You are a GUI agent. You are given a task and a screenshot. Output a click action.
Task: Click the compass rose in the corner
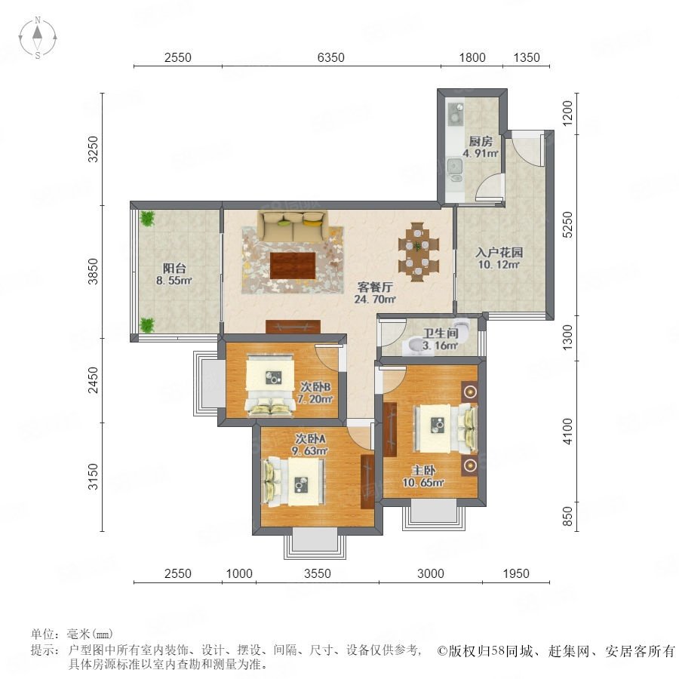click(x=38, y=38)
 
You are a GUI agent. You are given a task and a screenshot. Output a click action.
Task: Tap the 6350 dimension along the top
click(x=331, y=57)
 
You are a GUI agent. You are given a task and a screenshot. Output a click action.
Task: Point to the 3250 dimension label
click(x=93, y=149)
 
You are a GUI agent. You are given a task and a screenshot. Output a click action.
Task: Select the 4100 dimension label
click(x=567, y=432)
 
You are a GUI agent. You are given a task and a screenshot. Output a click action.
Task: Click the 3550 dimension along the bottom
click(x=318, y=573)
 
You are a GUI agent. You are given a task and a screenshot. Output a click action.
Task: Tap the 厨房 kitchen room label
click(x=481, y=142)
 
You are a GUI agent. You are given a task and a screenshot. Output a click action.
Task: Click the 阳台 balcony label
click(x=174, y=269)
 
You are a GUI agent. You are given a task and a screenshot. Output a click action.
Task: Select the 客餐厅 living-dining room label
click(x=375, y=287)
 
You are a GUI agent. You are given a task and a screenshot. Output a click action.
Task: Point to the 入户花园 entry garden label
click(x=499, y=253)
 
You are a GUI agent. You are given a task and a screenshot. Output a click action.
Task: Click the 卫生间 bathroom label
click(x=441, y=333)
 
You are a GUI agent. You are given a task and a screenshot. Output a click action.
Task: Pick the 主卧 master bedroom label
click(x=423, y=470)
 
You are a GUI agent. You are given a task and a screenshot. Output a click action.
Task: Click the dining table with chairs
click(x=418, y=251)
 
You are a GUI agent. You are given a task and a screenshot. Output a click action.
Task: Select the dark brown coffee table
click(x=293, y=266)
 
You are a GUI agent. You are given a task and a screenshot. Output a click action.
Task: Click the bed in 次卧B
click(x=270, y=385)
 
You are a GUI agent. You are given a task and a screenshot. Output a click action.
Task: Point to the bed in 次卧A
click(x=293, y=481)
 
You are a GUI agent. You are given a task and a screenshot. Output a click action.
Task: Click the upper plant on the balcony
click(x=148, y=218)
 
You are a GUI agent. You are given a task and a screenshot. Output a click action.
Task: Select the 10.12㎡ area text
click(x=499, y=264)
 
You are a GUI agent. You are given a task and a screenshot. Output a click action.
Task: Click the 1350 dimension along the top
click(x=527, y=57)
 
